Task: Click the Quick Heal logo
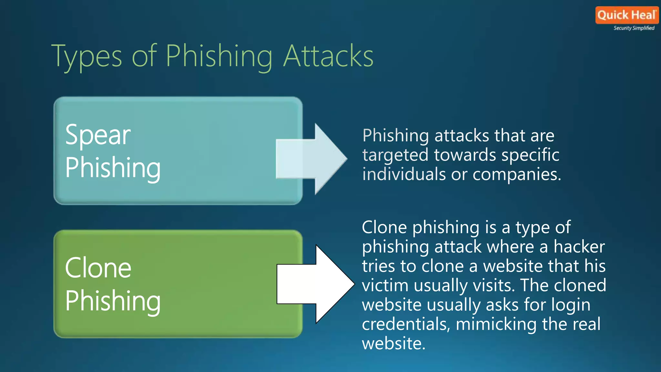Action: (626, 15)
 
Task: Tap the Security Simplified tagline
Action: (634, 28)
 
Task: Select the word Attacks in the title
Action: (328, 56)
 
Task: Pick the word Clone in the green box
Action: (98, 268)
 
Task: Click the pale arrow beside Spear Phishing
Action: (311, 159)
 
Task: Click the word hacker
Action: (579, 247)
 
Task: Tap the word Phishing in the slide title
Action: (219, 57)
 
